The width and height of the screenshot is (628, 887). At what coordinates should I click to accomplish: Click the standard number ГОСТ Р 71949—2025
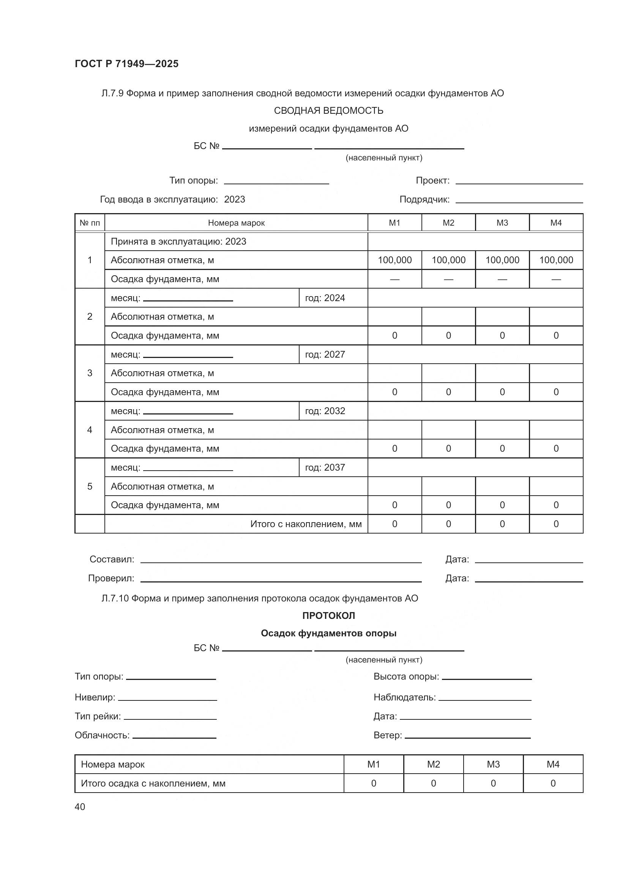tap(126, 64)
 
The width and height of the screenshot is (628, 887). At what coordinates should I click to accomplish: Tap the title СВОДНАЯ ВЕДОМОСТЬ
tap(328, 111)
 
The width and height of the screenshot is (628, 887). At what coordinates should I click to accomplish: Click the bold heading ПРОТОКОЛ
tap(328, 616)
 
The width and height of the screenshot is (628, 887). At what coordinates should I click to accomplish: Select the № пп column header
tap(90, 223)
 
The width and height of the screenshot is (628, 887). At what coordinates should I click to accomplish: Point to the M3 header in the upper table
tap(502, 223)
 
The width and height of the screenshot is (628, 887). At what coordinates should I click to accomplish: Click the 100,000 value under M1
tap(394, 260)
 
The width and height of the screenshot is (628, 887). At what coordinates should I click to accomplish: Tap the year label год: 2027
tap(325, 354)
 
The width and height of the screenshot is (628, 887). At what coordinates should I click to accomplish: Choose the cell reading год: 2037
tap(325, 468)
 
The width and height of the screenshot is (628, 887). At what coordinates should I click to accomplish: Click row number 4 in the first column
tap(90, 430)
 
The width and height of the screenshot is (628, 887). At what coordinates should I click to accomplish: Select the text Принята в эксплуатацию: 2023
tap(178, 242)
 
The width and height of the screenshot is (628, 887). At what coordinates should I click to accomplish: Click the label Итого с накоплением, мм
tap(306, 524)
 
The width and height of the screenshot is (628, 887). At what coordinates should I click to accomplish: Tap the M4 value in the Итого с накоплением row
tap(556, 524)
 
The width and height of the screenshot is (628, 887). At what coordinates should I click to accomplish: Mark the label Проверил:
tap(111, 578)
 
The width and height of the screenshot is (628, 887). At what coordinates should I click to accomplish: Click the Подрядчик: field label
tap(424, 200)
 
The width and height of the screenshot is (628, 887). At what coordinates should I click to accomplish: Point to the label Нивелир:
tap(95, 697)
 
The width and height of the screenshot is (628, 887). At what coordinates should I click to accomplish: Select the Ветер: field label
tap(388, 735)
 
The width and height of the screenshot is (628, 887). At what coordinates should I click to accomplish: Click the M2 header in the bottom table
tap(433, 764)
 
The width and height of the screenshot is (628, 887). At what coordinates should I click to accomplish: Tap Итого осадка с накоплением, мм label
tap(153, 783)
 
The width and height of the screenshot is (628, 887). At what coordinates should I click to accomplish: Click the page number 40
tap(80, 807)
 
